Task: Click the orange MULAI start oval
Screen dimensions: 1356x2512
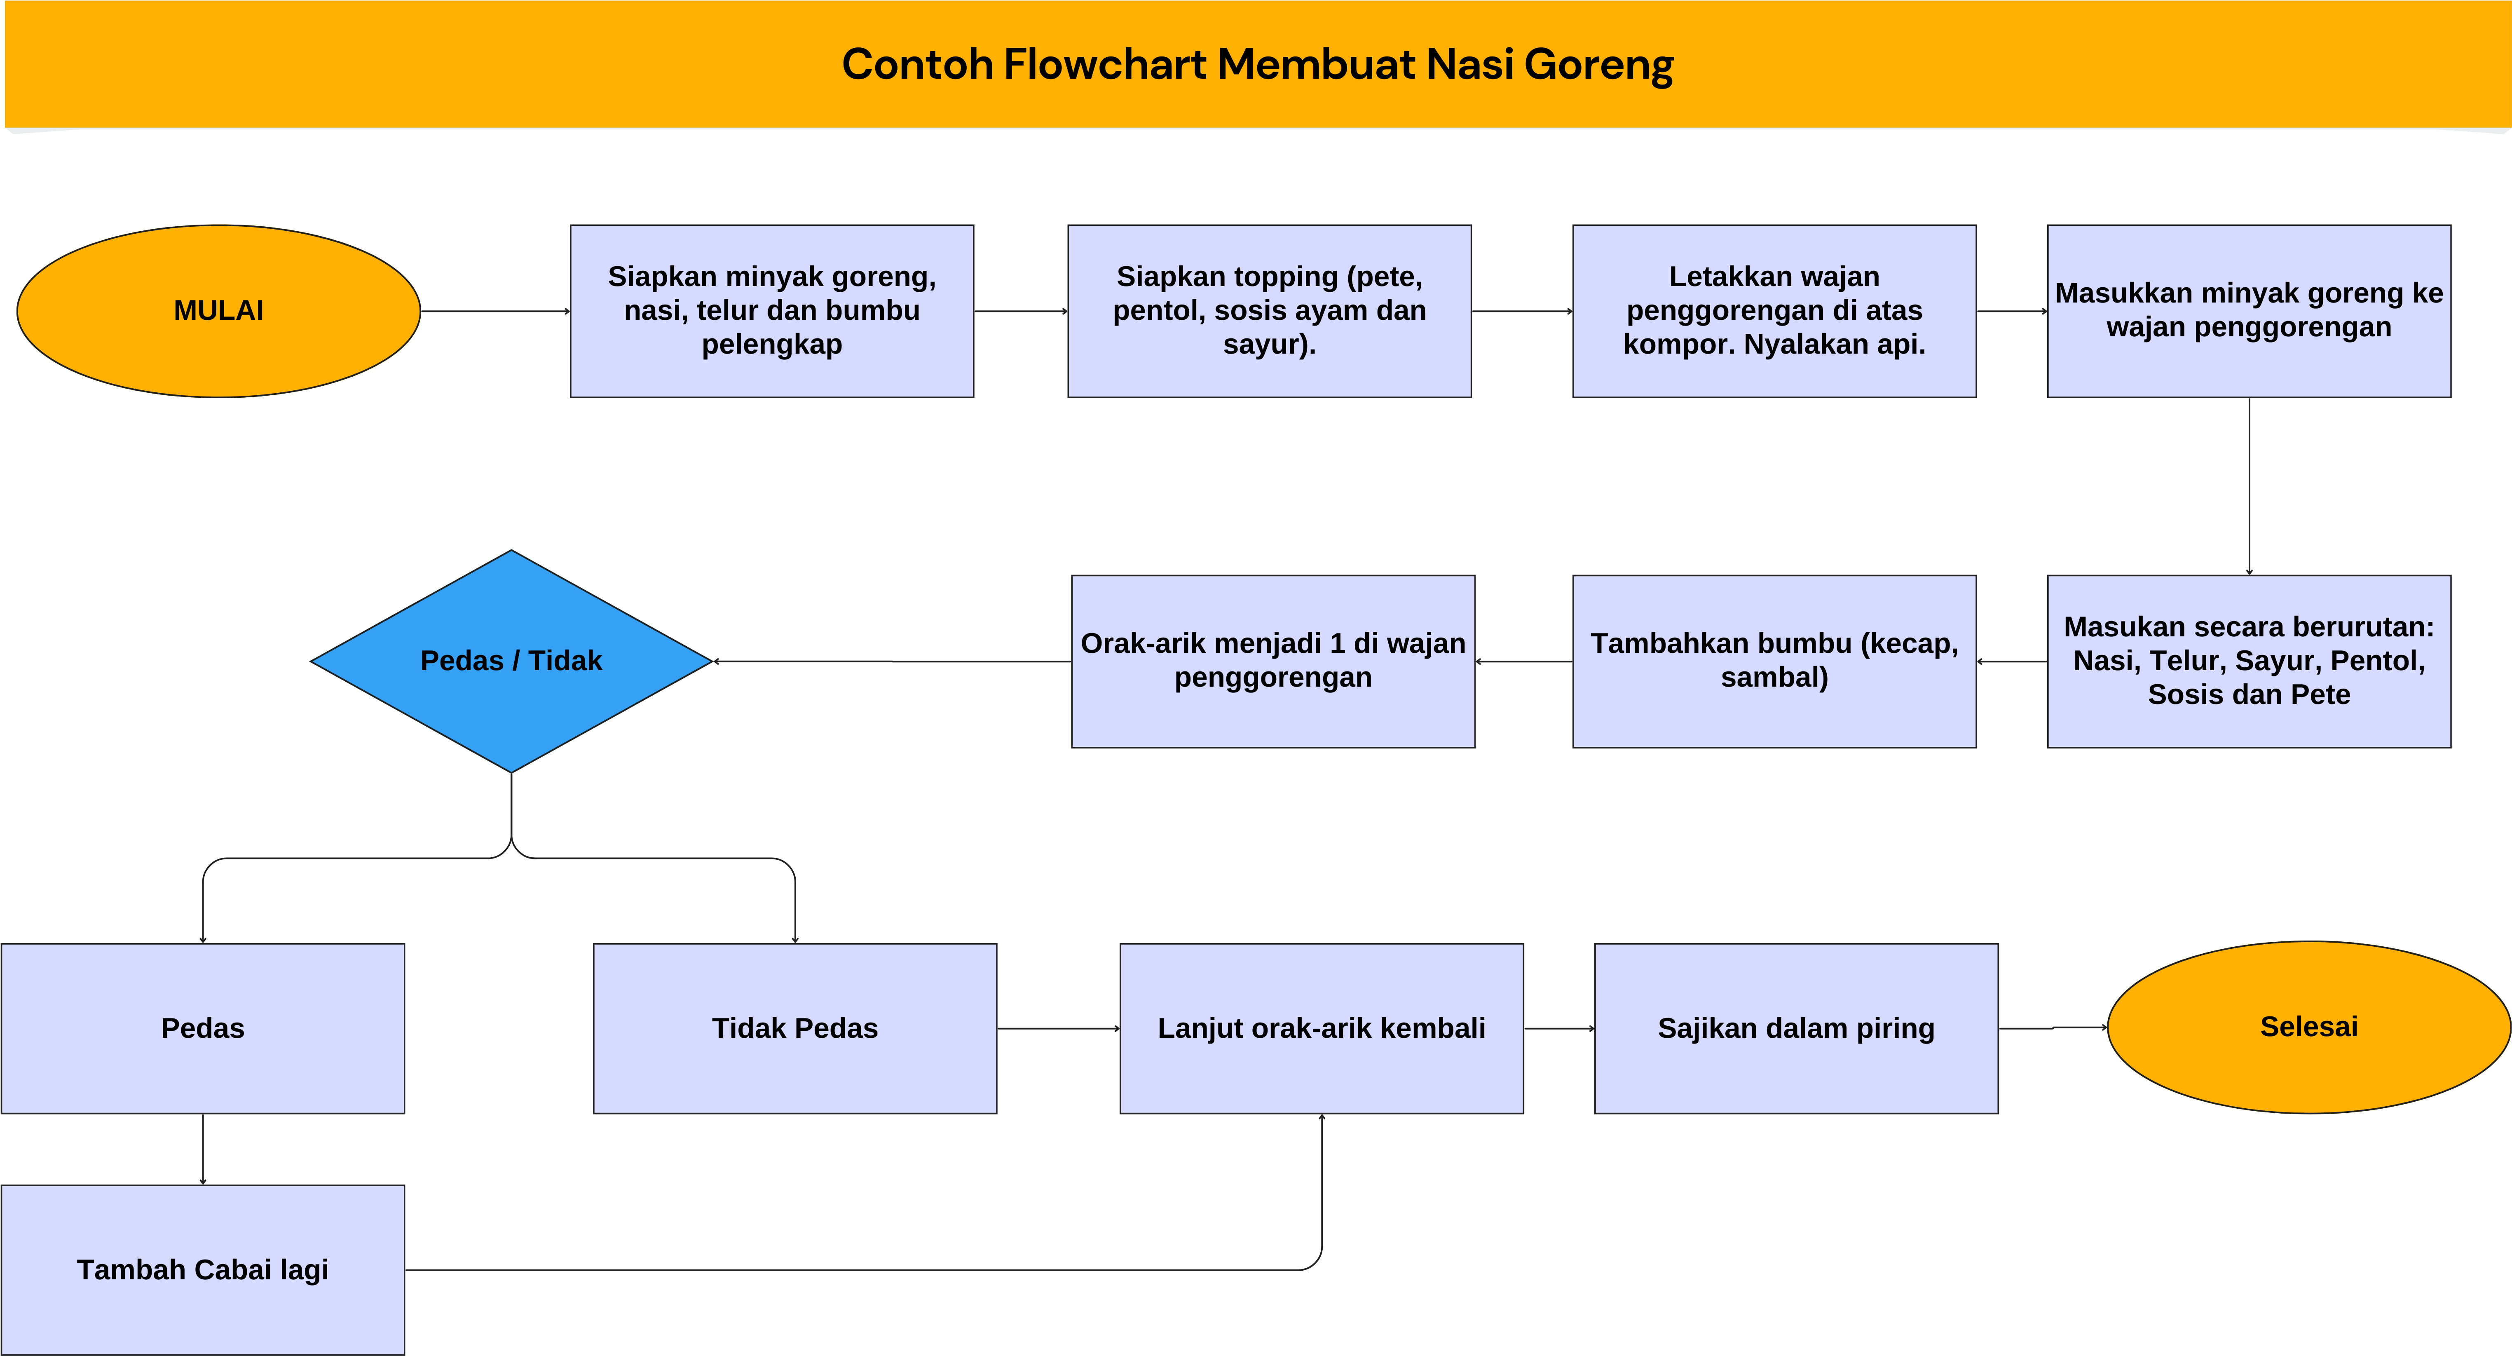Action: click(x=218, y=311)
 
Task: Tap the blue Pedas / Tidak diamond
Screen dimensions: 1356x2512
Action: click(x=511, y=662)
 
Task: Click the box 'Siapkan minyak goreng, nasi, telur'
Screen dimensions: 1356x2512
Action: click(x=771, y=311)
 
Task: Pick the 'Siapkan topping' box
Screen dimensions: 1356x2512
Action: click(x=1269, y=311)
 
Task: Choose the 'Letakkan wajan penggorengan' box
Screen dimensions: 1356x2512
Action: click(x=1774, y=311)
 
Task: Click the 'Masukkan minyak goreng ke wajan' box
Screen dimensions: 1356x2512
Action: click(x=2249, y=311)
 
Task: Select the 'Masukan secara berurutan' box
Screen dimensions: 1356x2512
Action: click(x=2249, y=662)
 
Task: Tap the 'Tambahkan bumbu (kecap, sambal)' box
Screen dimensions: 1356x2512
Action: click(x=1774, y=662)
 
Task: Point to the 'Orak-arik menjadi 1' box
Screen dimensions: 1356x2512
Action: click(x=1272, y=662)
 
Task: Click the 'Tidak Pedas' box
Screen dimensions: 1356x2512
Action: click(x=795, y=1028)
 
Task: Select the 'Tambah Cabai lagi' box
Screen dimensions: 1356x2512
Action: click(x=203, y=1269)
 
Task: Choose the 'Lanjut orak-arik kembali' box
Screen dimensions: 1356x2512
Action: click(x=1322, y=1028)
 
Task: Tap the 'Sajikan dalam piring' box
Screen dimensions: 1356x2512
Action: click(x=1796, y=1028)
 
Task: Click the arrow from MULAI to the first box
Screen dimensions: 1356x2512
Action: click(x=495, y=311)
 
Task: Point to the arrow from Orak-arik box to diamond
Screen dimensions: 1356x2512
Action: click(x=892, y=662)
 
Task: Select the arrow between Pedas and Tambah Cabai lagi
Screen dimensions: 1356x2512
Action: click(x=203, y=1149)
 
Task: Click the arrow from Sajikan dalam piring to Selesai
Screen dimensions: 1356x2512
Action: click(x=2053, y=1028)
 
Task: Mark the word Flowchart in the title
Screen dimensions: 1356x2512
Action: click(x=1105, y=64)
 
